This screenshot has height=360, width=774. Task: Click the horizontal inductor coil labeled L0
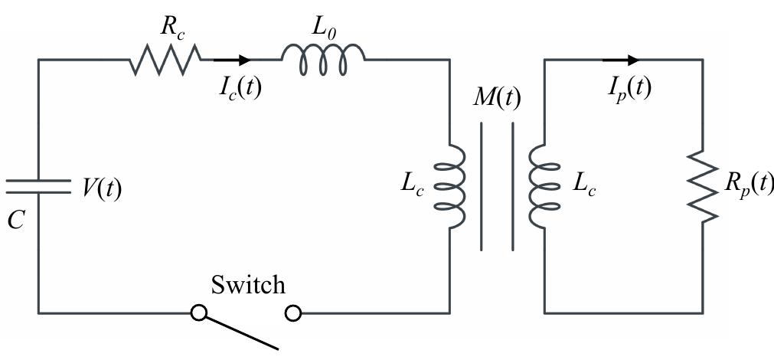323,59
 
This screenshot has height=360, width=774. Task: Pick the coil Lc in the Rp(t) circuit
539,185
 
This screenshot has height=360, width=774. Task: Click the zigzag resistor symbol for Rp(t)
702,185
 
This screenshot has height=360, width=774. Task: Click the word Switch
247,285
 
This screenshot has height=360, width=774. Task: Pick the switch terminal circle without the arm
292,313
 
